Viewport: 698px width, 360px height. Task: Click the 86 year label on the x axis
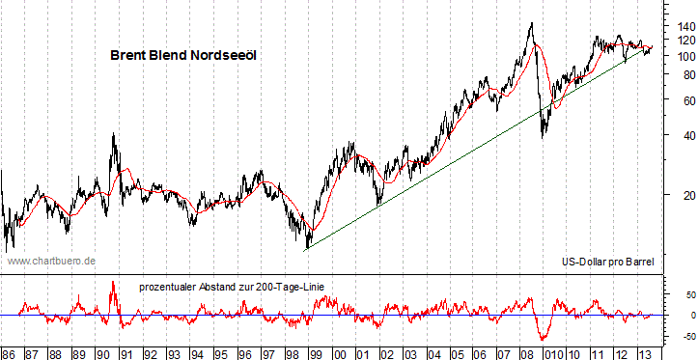coord(9,352)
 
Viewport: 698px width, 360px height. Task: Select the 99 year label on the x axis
coord(315,352)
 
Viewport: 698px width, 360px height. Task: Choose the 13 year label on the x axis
coord(644,352)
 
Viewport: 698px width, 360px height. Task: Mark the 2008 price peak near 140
coord(530,24)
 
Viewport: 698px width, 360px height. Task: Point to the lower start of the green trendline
coord(305,250)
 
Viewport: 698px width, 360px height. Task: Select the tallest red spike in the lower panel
coord(113,282)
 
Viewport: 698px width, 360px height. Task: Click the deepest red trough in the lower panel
coord(544,339)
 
